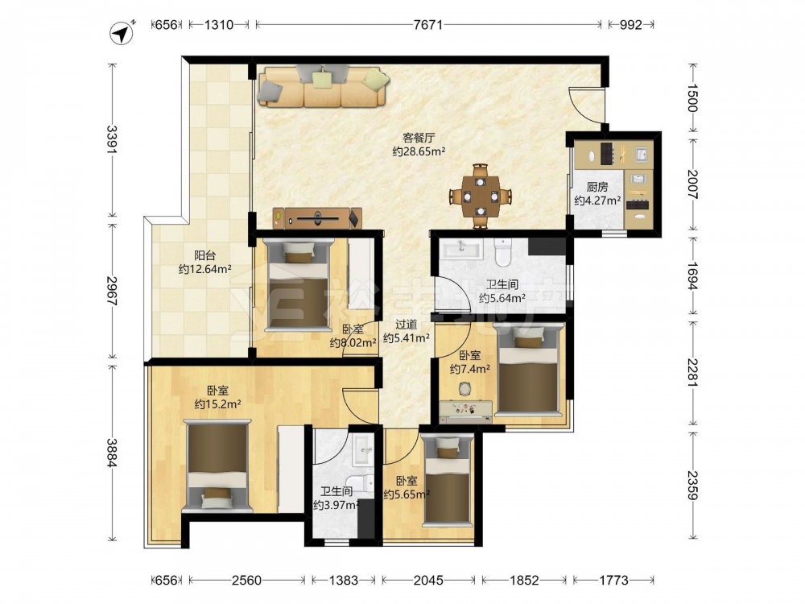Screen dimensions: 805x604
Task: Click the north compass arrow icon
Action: click(x=122, y=33)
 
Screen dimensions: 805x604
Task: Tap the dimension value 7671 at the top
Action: click(x=428, y=25)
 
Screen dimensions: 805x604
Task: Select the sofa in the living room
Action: click(x=324, y=86)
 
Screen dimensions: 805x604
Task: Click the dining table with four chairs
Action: click(x=480, y=196)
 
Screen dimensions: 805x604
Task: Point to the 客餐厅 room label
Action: click(x=419, y=138)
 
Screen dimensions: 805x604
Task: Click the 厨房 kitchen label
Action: click(x=597, y=187)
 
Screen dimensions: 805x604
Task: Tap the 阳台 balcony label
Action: click(x=204, y=255)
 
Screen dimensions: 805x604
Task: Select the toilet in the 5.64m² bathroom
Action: click(x=502, y=251)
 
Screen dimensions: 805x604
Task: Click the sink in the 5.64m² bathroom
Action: click(x=461, y=249)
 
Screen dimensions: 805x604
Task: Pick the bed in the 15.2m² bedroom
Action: click(x=217, y=465)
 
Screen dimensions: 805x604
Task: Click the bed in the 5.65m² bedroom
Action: click(x=447, y=480)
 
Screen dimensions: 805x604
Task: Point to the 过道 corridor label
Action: click(x=406, y=325)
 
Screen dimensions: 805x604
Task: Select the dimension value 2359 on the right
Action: click(x=692, y=485)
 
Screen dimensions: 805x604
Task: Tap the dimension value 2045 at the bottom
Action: click(x=429, y=581)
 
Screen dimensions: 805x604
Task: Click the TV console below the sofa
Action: click(x=318, y=218)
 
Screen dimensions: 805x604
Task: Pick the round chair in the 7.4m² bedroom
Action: click(x=464, y=389)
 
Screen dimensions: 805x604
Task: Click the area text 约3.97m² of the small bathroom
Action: click(x=336, y=505)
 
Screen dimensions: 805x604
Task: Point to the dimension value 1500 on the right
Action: click(x=692, y=97)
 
